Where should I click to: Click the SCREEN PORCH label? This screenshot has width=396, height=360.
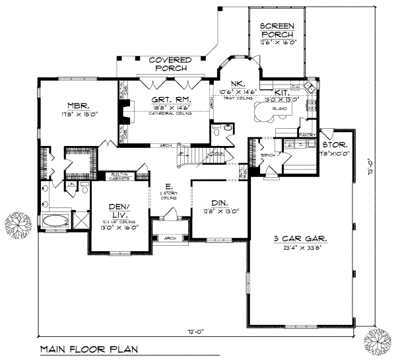tap(278, 30)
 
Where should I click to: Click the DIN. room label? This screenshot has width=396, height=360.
tap(220, 204)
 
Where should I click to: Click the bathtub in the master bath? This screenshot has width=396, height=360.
tap(57, 219)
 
